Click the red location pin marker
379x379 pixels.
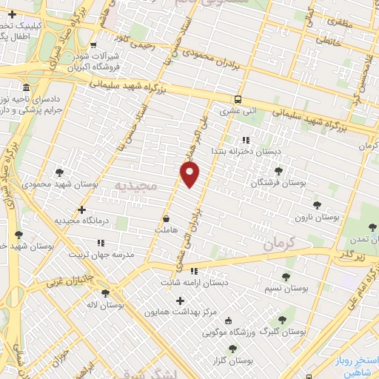pos(190,175)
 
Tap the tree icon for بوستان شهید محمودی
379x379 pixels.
pos(70,171)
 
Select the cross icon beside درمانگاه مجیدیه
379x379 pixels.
pos(81,210)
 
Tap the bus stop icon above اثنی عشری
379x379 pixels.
pos(237,100)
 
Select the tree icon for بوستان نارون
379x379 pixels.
pos(318,206)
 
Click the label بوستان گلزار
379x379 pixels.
pos(230,360)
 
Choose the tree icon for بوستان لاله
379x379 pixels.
pos(107,293)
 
